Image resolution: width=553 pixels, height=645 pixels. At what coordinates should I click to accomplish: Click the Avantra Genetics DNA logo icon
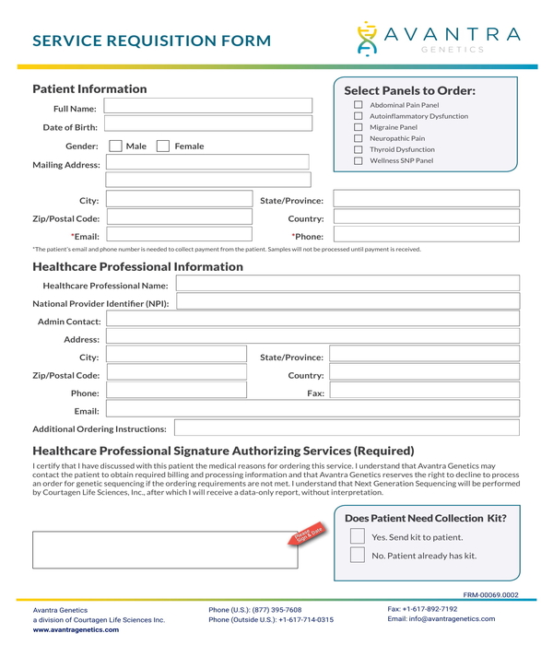(x=368, y=38)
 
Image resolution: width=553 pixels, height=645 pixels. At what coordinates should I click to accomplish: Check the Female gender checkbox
(x=162, y=147)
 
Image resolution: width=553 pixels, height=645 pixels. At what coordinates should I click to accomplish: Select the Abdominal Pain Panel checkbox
(x=359, y=105)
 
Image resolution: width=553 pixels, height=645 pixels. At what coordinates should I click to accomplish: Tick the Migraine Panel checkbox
(x=359, y=127)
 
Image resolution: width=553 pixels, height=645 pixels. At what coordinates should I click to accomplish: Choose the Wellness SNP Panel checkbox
(x=359, y=160)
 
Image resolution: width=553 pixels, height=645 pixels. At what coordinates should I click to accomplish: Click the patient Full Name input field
(x=208, y=108)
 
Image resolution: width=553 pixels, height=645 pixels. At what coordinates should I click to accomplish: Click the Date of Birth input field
(x=208, y=126)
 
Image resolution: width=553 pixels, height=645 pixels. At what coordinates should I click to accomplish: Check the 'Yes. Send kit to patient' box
(x=357, y=536)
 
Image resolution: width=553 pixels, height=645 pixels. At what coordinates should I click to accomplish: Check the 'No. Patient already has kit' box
(x=357, y=556)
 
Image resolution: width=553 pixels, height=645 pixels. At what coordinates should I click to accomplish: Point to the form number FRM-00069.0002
(x=490, y=595)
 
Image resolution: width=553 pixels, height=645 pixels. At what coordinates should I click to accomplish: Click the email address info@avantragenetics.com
(x=453, y=619)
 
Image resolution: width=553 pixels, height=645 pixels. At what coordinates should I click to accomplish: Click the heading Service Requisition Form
(x=152, y=41)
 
